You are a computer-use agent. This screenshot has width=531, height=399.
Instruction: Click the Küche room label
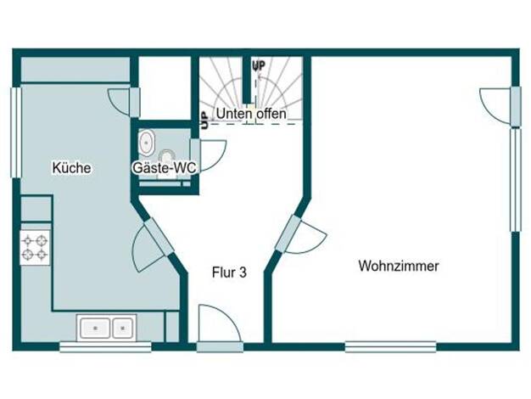71,168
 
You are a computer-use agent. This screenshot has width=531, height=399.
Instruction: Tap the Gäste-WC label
165,167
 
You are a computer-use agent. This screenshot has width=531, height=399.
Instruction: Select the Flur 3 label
229,273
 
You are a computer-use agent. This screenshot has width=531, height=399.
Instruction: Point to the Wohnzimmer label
399,266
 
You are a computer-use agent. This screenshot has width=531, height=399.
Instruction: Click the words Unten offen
251,114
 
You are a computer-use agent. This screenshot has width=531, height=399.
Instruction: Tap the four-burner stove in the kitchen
35,248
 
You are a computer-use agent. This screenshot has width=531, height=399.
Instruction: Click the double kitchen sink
106,328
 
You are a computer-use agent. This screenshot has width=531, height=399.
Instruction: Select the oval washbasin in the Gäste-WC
146,143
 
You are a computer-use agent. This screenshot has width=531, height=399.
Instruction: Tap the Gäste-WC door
208,155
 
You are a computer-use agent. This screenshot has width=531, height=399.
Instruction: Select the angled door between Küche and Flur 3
153,244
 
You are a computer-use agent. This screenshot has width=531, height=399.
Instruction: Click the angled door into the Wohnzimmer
299,235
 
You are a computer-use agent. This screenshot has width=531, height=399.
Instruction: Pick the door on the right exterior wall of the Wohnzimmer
500,106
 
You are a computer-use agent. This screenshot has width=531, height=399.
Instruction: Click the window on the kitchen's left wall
16,132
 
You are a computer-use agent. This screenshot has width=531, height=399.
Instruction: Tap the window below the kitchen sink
105,347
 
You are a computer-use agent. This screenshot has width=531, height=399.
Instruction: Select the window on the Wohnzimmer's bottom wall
390,347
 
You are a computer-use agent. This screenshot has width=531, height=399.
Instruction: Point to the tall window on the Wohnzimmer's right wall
515,179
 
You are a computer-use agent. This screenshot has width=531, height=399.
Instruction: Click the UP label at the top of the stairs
259,65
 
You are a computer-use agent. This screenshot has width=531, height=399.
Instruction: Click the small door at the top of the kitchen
124,103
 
